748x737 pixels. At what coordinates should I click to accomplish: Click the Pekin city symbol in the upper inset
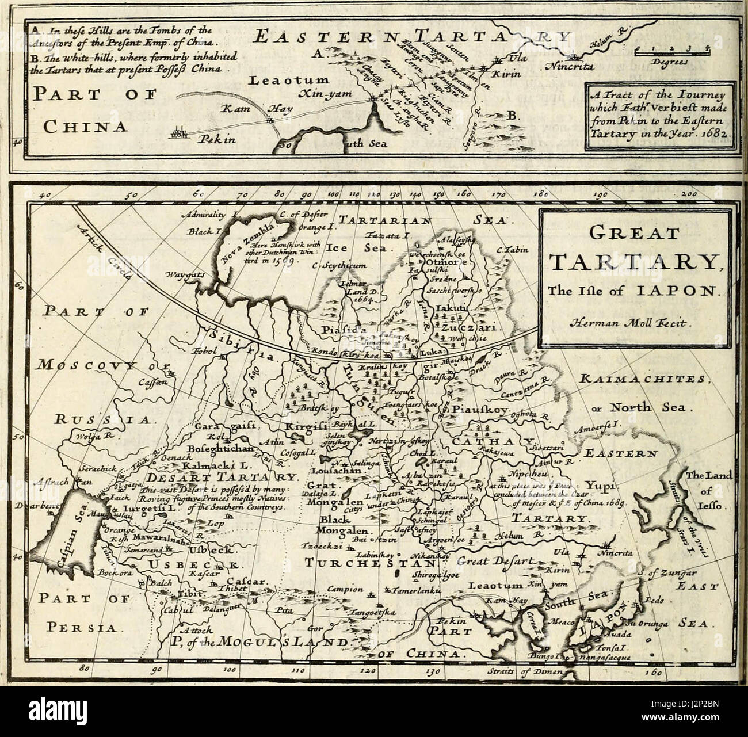point(180,135)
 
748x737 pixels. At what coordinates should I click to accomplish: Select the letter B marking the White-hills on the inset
point(512,117)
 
